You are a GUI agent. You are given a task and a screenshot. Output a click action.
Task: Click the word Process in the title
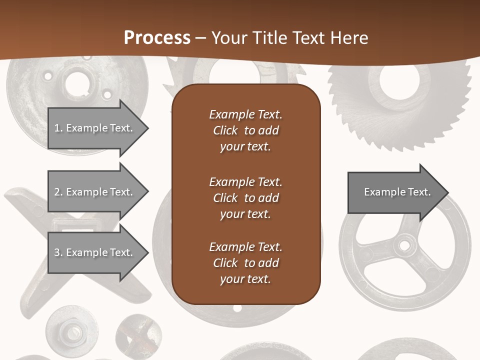tap(157, 38)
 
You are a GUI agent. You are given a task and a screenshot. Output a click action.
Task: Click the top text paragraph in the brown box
tap(245, 130)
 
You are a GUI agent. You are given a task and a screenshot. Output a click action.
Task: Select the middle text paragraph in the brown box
tap(245, 198)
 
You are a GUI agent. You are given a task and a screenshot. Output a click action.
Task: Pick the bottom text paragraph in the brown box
tap(245, 263)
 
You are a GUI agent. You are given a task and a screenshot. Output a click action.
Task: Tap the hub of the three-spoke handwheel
tap(404, 245)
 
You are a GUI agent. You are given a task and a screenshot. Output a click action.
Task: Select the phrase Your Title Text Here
tap(289, 38)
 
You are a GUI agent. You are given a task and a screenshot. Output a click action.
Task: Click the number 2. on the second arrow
tap(58, 192)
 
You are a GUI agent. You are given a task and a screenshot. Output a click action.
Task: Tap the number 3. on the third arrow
tap(58, 252)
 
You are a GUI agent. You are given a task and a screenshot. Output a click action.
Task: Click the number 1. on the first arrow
tap(58, 128)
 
